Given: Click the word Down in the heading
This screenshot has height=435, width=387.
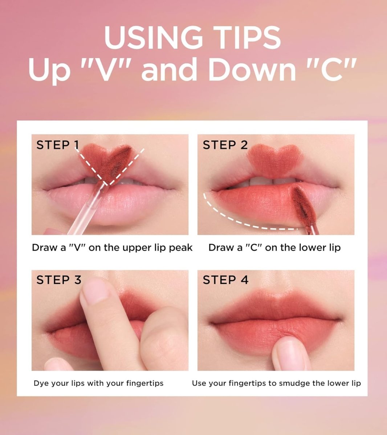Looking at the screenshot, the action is coord(252,69).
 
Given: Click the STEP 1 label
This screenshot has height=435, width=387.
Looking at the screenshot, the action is coord(58,145).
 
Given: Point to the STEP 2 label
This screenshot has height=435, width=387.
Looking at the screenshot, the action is coord(225,145).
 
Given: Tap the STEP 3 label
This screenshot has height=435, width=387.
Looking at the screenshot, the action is coord(59,280).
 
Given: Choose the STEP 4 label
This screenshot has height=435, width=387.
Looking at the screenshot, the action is coord(225,280).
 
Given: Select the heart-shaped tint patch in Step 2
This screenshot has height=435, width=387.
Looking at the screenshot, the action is coord(274,160).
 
